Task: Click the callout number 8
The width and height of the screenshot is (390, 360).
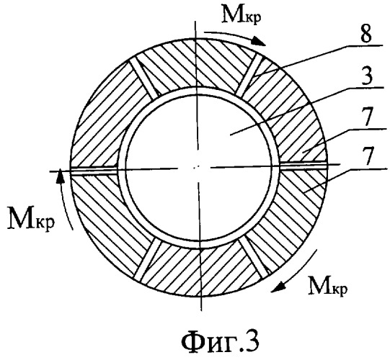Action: click(x=366, y=34)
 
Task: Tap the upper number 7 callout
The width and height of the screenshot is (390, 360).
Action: click(x=368, y=117)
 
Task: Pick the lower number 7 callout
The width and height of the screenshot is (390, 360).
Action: click(x=368, y=156)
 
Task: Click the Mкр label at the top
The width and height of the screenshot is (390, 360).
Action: click(x=241, y=14)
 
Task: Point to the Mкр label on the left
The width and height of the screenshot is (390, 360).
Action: click(x=31, y=218)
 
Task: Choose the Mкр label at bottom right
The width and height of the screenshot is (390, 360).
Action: click(x=328, y=286)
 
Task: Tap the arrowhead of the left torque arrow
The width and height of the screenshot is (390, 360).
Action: click(x=60, y=176)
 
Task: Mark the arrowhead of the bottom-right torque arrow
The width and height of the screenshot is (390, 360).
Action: click(x=278, y=287)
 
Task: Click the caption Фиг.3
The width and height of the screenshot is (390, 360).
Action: click(x=221, y=341)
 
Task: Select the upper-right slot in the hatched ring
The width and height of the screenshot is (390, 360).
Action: click(x=249, y=75)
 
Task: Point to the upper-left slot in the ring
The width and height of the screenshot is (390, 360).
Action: click(x=145, y=78)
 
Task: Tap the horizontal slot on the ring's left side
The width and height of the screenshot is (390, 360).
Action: click(x=94, y=170)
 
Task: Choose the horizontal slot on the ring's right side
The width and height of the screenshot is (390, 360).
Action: click(x=303, y=165)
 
